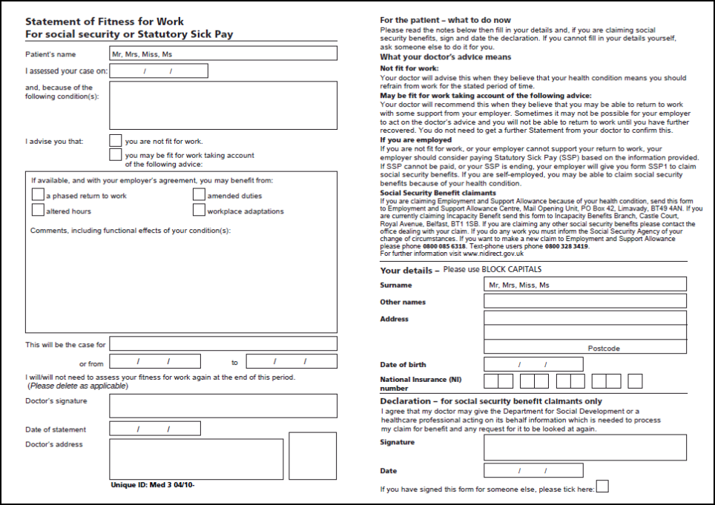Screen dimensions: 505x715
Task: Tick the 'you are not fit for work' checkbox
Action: click(116, 140)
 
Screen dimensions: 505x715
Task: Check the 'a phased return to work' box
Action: click(39, 195)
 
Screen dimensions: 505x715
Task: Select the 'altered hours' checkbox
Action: click(39, 211)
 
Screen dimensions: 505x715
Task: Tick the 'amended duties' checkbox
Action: click(200, 195)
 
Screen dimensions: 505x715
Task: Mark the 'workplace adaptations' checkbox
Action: click(200, 211)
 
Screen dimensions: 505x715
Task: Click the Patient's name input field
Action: click(223, 53)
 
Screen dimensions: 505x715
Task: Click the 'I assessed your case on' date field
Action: click(158, 71)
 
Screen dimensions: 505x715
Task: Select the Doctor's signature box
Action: click(223, 406)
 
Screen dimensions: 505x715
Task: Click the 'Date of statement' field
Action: click(154, 429)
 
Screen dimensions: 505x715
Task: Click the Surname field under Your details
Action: click(584, 284)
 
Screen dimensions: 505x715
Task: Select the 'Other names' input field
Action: click(584, 301)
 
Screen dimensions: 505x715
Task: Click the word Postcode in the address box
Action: click(604, 348)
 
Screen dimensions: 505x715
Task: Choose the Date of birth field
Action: click(533, 364)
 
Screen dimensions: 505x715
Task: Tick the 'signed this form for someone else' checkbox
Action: click(603, 487)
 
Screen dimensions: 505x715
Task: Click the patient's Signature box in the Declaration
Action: click(584, 447)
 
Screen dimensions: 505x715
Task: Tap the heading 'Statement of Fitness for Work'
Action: click(105, 22)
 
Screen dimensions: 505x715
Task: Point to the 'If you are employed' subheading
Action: click(415, 140)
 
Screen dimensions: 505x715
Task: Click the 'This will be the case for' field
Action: click(223, 344)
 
